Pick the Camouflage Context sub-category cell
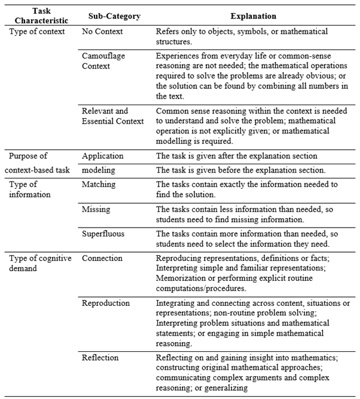click(102, 60)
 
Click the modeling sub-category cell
click(98, 169)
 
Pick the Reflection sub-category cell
click(100, 357)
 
